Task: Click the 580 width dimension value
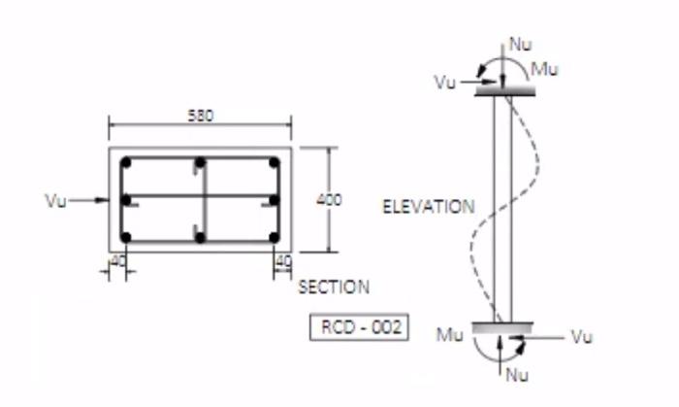click(200, 115)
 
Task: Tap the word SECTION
click(333, 288)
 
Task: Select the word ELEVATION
click(429, 207)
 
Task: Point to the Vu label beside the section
click(55, 201)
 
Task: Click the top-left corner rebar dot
click(125, 163)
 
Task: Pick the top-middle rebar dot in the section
click(199, 163)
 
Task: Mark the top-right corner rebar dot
click(274, 163)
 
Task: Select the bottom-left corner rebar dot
click(125, 236)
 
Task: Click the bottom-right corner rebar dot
click(274, 236)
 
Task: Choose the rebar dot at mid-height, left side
click(125, 200)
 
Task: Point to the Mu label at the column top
click(545, 70)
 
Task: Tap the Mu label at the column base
click(449, 335)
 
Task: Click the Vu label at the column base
click(581, 337)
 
